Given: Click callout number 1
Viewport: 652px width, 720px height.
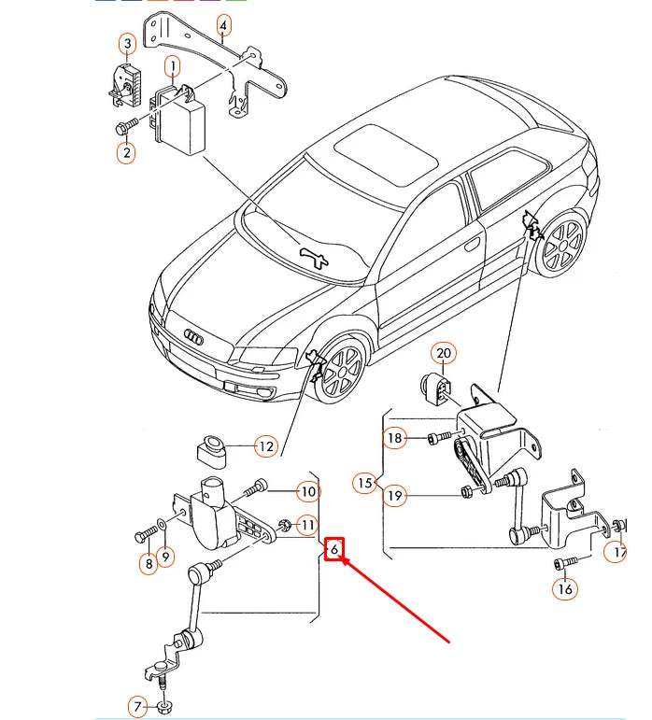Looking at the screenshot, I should pos(172,65).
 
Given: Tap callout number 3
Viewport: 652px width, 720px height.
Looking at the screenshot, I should pos(126,43).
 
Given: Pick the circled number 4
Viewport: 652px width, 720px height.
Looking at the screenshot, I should pos(223,25).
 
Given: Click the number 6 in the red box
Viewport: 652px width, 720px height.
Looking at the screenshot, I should pos(334,549).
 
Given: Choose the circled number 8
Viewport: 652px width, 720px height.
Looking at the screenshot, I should pos(148,562).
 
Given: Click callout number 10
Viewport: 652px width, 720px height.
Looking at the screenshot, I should pos(308,491).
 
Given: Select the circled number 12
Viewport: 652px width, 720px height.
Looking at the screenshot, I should pos(266,446).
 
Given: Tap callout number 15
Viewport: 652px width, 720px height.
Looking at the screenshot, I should pos(364,483).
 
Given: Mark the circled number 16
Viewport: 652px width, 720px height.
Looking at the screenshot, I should pos(564,588).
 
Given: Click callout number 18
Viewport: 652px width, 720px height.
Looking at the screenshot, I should pos(395,438).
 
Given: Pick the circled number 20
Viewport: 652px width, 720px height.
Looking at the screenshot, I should pos(444,353).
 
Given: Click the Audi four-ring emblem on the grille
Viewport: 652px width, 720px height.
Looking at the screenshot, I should pos(194,336).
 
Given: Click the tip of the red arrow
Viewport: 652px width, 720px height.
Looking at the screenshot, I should pos(343,558).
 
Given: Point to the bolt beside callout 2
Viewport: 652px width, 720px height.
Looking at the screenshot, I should pos(126,124).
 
